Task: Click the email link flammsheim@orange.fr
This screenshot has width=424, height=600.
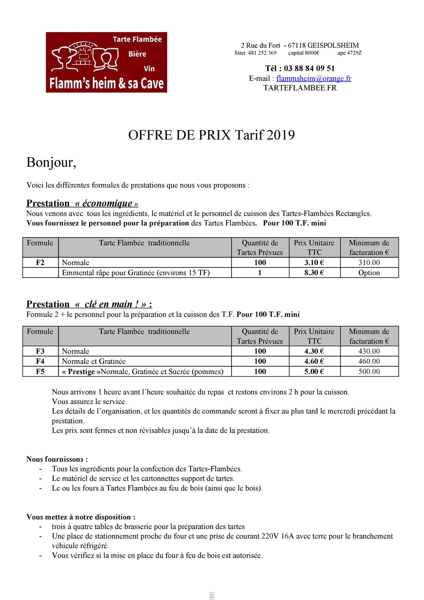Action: pyautogui.click(x=313, y=78)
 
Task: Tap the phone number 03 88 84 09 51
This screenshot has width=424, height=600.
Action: pyautogui.click(x=309, y=68)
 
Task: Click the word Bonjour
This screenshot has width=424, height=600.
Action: pyautogui.click(x=51, y=162)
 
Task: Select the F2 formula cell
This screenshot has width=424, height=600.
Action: pyautogui.click(x=40, y=262)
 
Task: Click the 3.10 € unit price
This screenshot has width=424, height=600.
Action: pyautogui.click(x=314, y=262)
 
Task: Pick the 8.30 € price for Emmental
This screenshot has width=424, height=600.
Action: pyautogui.click(x=314, y=273)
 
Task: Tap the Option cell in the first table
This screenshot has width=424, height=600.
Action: pyautogui.click(x=369, y=273)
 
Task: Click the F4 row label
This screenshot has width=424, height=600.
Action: pyautogui.click(x=40, y=361)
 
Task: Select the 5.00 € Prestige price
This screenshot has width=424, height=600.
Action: pyautogui.click(x=314, y=371)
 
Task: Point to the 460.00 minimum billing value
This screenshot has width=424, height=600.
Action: pyautogui.click(x=369, y=361)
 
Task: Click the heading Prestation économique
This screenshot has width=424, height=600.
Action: pyautogui.click(x=82, y=203)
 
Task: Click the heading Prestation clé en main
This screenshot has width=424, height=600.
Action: pyautogui.click(x=89, y=304)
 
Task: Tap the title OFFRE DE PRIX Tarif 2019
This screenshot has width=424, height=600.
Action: pyautogui.click(x=211, y=135)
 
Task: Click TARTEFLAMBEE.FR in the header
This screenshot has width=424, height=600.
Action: pyautogui.click(x=300, y=88)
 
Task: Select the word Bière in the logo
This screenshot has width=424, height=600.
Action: pyautogui.click(x=137, y=54)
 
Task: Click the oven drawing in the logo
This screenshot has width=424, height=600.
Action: pyautogui.click(x=84, y=54)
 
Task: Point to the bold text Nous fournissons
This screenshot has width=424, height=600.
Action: pyautogui.click(x=57, y=459)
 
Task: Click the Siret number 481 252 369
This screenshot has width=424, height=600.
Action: pyautogui.click(x=262, y=53)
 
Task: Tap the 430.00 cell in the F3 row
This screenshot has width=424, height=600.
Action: pyautogui.click(x=369, y=351)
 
